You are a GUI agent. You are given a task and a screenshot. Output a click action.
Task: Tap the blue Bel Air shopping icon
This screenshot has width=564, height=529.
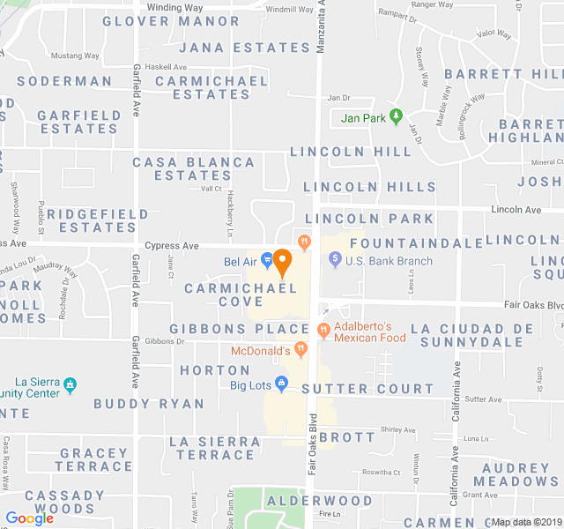coord(267,261)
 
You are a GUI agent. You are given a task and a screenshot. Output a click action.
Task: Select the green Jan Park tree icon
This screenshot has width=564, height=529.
coord(397,115)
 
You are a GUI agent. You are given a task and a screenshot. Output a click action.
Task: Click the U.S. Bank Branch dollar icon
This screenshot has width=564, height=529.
coord(335,260)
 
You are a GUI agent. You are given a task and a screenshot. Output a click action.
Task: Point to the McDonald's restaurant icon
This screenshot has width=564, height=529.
coord(300,351)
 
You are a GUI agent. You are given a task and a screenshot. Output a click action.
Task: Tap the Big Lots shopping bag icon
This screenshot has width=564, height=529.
coord(281,384)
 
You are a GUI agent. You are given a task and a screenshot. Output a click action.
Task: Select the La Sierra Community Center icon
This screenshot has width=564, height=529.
coord(70,385)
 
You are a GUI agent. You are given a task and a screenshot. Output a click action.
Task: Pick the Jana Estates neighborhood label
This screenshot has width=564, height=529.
coord(245,48)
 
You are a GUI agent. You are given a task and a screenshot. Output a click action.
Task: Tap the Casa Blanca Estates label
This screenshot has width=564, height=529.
coord(194,168)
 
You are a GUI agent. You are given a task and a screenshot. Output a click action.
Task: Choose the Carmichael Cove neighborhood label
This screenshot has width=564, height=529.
coord(223,294)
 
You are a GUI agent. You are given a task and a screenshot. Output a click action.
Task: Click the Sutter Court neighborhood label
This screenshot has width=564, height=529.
coord(367,389)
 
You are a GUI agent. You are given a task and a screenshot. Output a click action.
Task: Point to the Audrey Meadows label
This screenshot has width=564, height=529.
coord(516,474)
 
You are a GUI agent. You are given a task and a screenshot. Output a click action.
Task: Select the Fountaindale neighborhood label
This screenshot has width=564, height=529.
coord(417,242)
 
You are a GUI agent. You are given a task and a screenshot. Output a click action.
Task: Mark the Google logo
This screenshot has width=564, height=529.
coord(29,518)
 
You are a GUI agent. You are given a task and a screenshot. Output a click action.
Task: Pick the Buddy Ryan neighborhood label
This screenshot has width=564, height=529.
coord(149,404)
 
